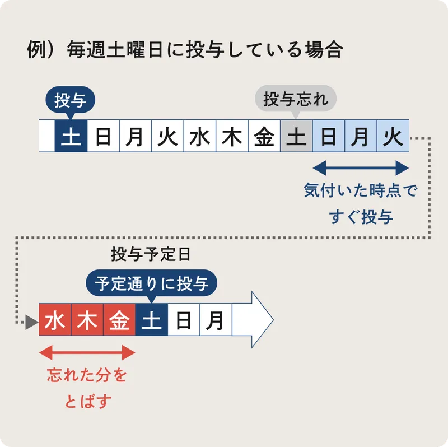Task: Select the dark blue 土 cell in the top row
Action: click(71, 136)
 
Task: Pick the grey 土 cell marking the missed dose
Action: click(296, 136)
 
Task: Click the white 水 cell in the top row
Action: click(199, 136)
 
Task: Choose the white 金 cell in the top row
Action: click(264, 136)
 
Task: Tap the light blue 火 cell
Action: click(393, 136)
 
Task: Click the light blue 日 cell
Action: click(328, 136)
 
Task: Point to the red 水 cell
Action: click(55, 321)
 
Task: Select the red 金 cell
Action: click(119, 321)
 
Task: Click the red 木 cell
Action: click(87, 321)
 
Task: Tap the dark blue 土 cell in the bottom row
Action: click(151, 321)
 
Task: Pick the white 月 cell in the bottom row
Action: click(216, 321)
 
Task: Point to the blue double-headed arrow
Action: click(361, 167)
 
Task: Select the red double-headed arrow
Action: click(87, 352)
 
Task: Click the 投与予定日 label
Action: click(151, 255)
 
